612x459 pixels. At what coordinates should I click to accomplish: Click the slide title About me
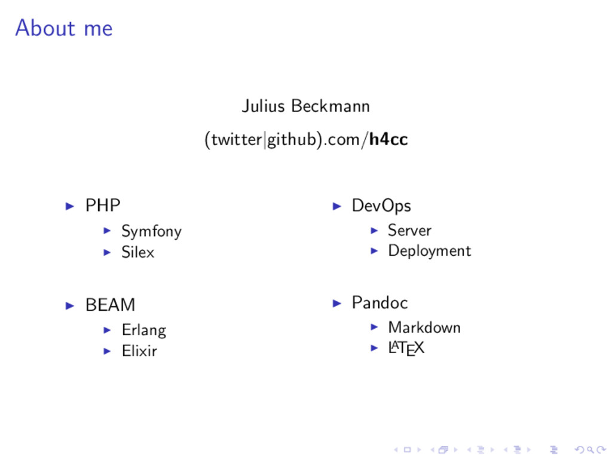pyautogui.click(x=63, y=28)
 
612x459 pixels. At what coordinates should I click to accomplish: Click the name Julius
pyautogui.click(x=264, y=106)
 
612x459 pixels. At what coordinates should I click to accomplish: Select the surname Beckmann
pyautogui.click(x=331, y=106)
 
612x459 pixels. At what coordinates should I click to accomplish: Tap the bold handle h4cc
pyautogui.click(x=388, y=140)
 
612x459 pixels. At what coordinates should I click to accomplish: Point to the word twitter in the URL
pyautogui.click(x=236, y=140)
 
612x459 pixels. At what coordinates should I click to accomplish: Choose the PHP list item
pyautogui.click(x=103, y=206)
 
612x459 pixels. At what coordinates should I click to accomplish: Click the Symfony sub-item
pyautogui.click(x=151, y=231)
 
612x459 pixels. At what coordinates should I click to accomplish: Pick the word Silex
pyautogui.click(x=137, y=252)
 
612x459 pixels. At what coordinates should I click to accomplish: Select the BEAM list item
pyautogui.click(x=110, y=305)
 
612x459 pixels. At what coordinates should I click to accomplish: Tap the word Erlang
pyautogui.click(x=143, y=330)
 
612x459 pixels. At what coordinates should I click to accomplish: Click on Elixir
pyautogui.click(x=139, y=351)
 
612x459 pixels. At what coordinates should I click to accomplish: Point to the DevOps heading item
pyautogui.click(x=381, y=206)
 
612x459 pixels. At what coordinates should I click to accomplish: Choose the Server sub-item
pyautogui.click(x=409, y=230)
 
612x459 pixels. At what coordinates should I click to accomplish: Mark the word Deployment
pyautogui.click(x=429, y=251)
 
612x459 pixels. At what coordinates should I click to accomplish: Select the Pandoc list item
pyautogui.click(x=380, y=303)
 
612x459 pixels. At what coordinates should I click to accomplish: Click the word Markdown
pyautogui.click(x=424, y=328)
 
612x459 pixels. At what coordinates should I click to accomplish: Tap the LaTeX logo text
pyautogui.click(x=406, y=348)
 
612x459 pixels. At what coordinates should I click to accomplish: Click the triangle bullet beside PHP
pyautogui.click(x=70, y=206)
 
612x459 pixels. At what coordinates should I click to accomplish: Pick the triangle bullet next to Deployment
pyautogui.click(x=374, y=251)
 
